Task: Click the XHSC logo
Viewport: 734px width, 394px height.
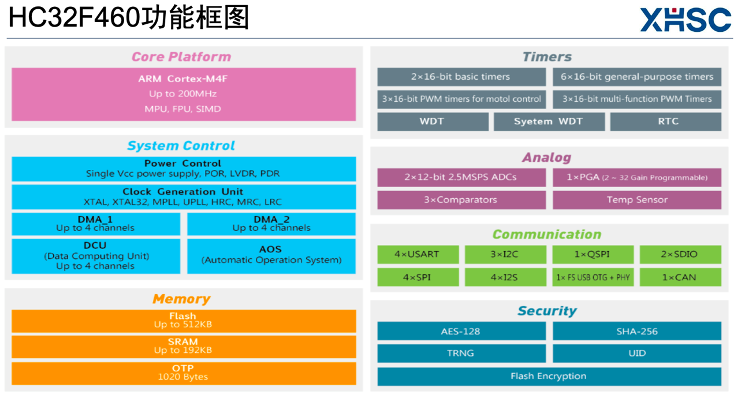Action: (685, 20)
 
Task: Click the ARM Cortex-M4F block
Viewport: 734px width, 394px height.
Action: (184, 94)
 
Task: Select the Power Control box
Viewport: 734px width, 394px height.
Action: (184, 169)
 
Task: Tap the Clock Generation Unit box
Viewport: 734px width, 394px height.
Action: (184, 197)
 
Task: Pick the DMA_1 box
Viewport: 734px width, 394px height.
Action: (96, 224)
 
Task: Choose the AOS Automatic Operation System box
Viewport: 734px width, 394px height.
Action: (271, 255)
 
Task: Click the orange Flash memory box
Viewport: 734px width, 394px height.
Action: (184, 321)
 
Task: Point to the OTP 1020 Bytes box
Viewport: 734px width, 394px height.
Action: (184, 373)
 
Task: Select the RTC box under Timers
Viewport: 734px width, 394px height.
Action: (665, 121)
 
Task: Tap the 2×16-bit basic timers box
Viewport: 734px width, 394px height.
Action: (461, 77)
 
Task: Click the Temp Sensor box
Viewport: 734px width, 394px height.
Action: (636, 200)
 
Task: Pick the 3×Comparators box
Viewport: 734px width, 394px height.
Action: (461, 200)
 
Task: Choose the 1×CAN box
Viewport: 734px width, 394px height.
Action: (680, 277)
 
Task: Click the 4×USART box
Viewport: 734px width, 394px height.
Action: (418, 254)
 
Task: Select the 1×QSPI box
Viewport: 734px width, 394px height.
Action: (593, 254)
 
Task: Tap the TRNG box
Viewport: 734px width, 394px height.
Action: (461, 353)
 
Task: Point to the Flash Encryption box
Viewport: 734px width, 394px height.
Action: (549, 376)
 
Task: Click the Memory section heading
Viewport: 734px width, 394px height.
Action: (181, 299)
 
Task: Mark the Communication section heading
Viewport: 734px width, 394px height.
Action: (546, 235)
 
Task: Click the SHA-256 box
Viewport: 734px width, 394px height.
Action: (636, 331)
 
